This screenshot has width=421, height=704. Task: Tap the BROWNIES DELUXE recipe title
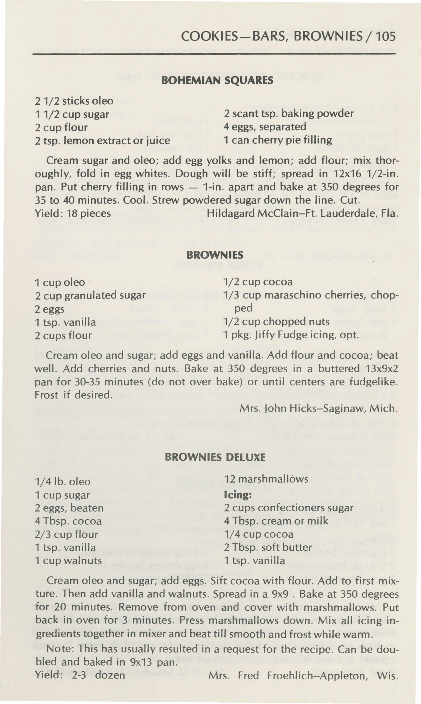click(x=215, y=457)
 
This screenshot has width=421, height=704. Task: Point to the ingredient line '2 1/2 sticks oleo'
click(x=74, y=101)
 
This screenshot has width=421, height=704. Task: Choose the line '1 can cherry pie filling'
click(x=278, y=140)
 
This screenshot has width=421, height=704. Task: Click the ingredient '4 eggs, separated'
click(x=265, y=127)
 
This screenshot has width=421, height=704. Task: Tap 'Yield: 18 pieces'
click(x=73, y=213)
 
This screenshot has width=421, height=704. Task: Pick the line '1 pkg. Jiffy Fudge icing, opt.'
click(x=291, y=335)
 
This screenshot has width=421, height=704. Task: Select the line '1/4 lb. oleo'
click(x=63, y=482)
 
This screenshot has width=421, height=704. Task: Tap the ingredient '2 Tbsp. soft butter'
click(x=268, y=547)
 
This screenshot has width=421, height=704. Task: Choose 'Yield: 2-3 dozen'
click(x=80, y=675)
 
